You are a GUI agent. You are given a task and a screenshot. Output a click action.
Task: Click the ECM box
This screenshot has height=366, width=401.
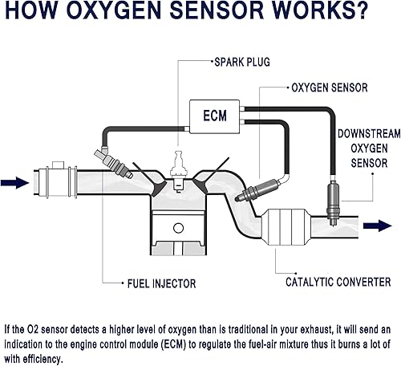214,115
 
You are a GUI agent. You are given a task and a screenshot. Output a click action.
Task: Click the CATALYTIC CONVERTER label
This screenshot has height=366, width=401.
338,282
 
